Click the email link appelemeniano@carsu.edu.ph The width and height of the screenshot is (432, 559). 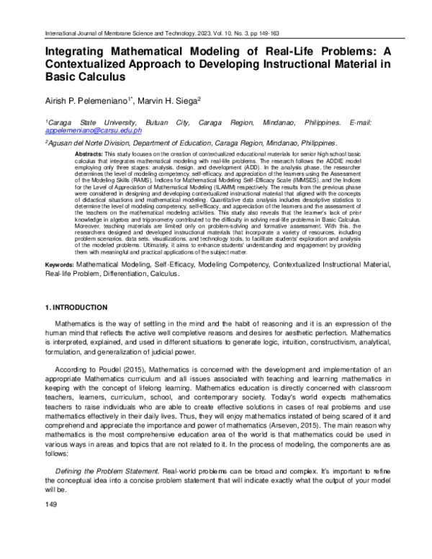click(94, 132)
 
